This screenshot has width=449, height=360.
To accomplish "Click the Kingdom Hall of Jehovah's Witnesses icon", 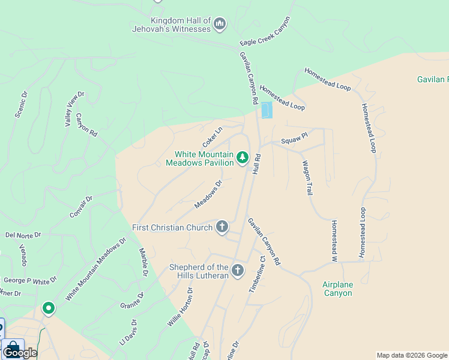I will pos(220,24).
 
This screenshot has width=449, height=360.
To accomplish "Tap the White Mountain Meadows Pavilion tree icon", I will pos(243,158).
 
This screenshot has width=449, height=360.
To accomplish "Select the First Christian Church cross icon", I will pos(222,226).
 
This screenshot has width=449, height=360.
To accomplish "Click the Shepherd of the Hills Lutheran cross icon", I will pos(237,271).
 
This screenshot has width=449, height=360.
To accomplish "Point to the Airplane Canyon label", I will pos(337,289).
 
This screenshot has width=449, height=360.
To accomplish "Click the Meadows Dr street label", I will pos(208,194).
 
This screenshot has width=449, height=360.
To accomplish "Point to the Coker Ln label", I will pos(212,137).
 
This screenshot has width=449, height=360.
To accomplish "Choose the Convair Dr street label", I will pos(81,206).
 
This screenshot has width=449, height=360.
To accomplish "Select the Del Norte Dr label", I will pos(23,235).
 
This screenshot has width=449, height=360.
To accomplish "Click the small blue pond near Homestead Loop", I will pos(267,110).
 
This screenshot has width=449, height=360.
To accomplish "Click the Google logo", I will pos(20,353).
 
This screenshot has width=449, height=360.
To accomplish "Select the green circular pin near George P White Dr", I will pos(49,308).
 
